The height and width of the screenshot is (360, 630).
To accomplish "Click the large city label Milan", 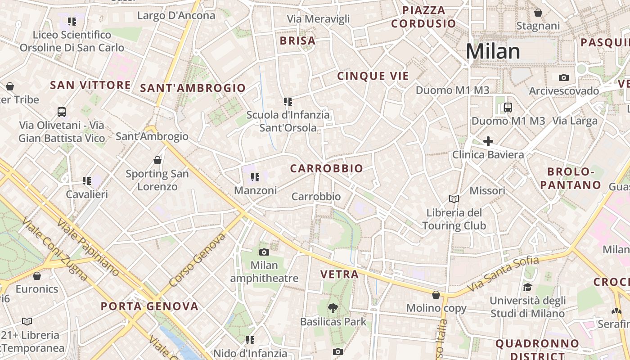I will click(493, 52).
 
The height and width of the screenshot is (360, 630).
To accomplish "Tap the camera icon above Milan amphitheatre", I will click(264, 252).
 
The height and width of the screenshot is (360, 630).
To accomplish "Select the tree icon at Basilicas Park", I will click(333, 308).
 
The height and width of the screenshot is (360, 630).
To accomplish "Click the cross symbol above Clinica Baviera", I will click(488, 142).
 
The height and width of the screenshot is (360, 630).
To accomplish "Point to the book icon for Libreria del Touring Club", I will click(454, 199).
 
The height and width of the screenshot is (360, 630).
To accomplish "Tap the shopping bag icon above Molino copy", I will click(436, 295).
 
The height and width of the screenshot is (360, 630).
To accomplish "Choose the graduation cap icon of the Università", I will click(527, 287).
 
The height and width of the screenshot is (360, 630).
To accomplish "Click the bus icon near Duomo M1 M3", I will click(508, 108).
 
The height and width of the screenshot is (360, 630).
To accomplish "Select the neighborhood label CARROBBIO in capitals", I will click(326, 169).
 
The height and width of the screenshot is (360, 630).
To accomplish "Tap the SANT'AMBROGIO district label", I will click(193, 88).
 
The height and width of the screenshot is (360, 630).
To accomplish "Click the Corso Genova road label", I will click(197, 260).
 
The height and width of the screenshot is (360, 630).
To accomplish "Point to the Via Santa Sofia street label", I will click(503, 274).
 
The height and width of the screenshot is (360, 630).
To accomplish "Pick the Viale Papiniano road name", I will click(88, 247).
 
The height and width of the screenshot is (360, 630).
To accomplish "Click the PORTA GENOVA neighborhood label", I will click(149, 306).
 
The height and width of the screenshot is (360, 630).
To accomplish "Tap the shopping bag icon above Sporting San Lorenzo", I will click(157, 160).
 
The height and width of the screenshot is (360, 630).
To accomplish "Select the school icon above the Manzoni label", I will click(255, 177).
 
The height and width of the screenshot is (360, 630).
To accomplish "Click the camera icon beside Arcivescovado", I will click(563, 77).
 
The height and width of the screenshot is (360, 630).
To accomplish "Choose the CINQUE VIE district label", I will click(373, 76).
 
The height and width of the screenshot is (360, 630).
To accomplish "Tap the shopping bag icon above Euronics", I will click(37, 275).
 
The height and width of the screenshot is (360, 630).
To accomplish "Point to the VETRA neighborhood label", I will click(339, 274).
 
